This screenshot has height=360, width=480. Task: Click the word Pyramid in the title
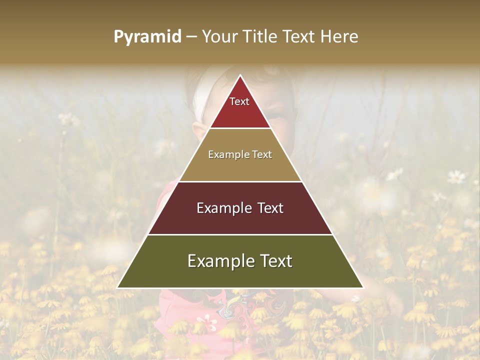point(147,36)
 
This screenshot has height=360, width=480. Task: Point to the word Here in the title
point(339,36)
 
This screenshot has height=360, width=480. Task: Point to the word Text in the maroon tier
point(267,208)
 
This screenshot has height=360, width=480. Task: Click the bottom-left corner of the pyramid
point(117,287)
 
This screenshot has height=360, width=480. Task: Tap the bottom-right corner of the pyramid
point(363,287)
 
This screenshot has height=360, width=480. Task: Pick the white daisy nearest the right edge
point(456,176)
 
